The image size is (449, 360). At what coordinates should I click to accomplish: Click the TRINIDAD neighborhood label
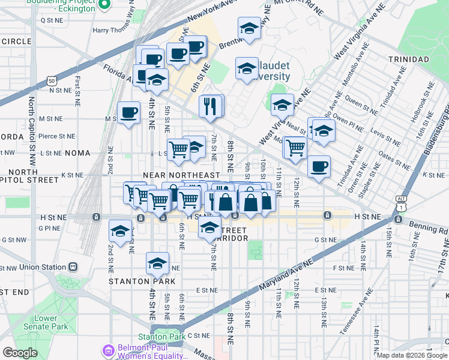click(x=408, y=60)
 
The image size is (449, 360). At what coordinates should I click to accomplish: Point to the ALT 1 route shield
click(x=401, y=201)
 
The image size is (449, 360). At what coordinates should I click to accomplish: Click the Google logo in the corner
click(x=20, y=353)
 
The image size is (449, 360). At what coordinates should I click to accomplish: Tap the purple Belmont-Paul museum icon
click(x=107, y=350)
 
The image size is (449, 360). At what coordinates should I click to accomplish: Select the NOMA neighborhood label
click(x=74, y=153)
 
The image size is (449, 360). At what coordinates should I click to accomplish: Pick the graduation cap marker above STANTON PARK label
click(x=157, y=262)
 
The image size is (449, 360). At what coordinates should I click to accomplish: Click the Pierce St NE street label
click(x=56, y=136)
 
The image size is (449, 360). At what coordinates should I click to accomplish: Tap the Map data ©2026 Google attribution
click(x=412, y=355)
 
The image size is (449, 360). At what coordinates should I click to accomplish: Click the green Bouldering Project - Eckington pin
click(x=104, y=5)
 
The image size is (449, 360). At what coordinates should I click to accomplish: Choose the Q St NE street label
click(x=51, y=20)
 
